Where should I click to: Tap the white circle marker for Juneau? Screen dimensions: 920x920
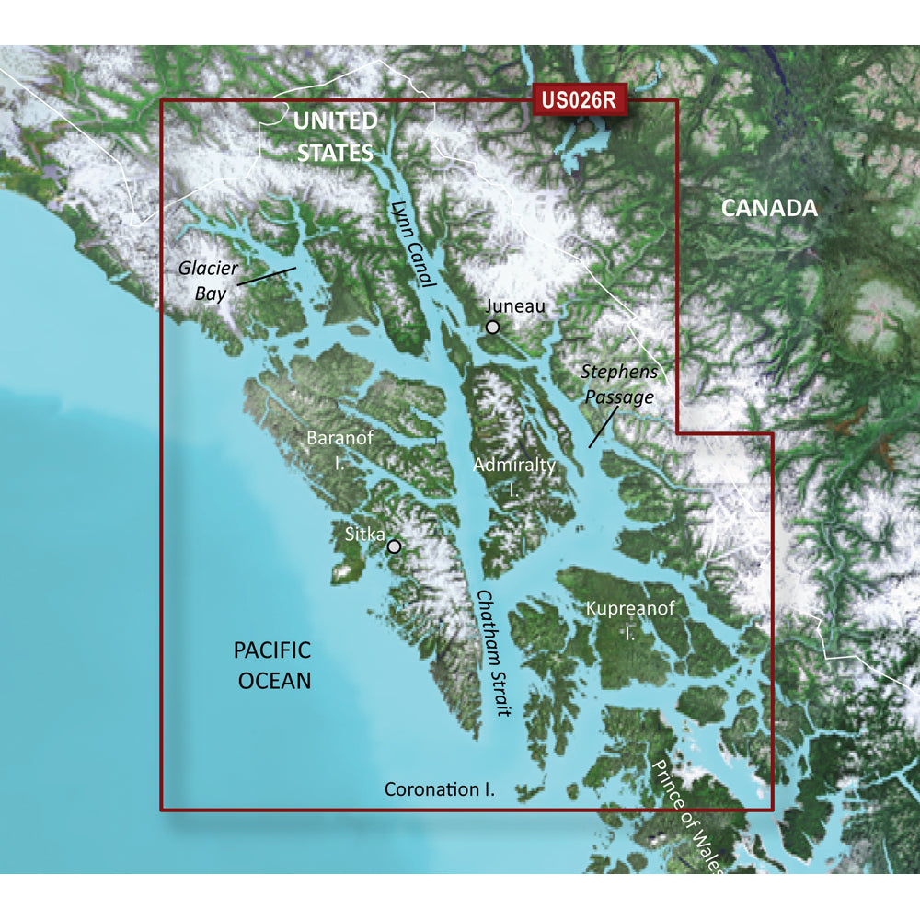pos(493,327)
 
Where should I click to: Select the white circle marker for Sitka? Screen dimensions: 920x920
pos(395,546)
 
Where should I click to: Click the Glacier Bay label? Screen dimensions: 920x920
pos(208,279)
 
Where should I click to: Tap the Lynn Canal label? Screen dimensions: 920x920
pos(410,244)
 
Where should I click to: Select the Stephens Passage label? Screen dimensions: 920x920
pos(619,385)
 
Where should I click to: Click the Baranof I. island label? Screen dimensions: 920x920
pos(340,448)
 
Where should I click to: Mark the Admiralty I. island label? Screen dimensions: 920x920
pos(514,476)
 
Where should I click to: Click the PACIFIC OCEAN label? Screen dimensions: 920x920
pos(274,665)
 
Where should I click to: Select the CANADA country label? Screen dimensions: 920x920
pos(768,208)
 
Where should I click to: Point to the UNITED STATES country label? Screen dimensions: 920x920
pos(335,136)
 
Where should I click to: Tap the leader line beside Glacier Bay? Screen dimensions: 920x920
pos(266,275)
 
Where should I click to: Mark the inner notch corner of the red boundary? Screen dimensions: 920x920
pos(678,432)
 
